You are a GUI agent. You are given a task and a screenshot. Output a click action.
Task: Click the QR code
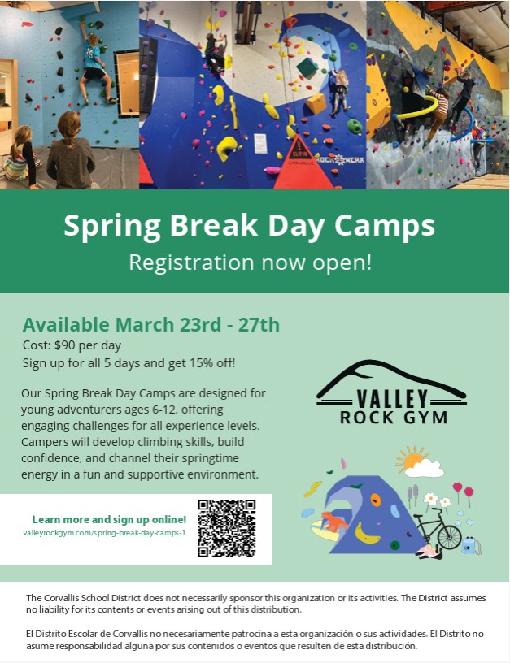(226, 528)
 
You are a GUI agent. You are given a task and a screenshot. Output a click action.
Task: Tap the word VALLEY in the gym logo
(392, 398)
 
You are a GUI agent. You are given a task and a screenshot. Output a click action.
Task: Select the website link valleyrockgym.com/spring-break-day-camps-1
(104, 533)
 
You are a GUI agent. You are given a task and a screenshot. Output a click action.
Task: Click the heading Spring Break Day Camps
(249, 225)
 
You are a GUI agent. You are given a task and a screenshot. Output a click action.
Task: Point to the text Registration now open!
(251, 262)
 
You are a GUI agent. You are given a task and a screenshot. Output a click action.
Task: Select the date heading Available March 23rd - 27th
(151, 325)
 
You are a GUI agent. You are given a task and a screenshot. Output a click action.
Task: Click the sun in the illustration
(411, 459)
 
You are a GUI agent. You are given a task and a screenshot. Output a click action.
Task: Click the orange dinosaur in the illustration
(333, 521)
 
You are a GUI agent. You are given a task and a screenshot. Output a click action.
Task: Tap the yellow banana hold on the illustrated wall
(367, 534)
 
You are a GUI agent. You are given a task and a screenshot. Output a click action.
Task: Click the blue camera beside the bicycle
(471, 545)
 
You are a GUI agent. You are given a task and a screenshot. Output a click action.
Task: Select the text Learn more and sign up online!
(109, 519)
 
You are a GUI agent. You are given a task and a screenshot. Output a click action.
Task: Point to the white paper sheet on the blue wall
(260, 143)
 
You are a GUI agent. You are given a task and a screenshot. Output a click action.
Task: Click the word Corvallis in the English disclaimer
(63, 598)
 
